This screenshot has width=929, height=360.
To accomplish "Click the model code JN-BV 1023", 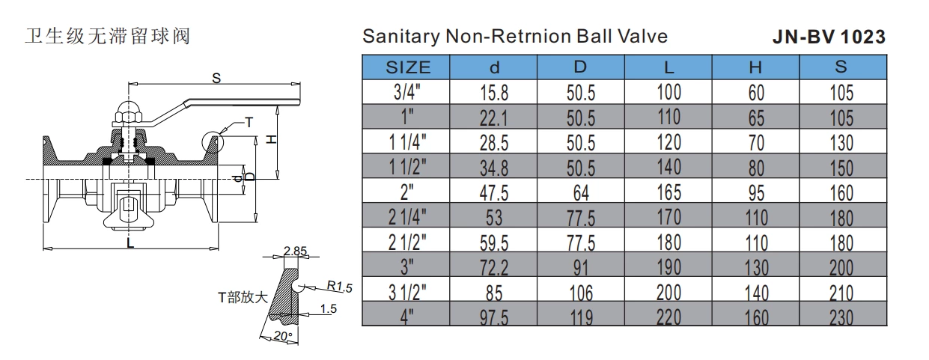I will coord(829,37).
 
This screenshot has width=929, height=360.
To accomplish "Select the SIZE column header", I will coord(408,67).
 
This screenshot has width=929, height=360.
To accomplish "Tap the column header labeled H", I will coord(756,67).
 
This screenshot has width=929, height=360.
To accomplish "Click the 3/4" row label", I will coord(408,93).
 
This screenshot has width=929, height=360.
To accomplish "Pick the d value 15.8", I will coord(494,94).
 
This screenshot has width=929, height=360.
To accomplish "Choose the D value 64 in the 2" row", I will coord(581,193).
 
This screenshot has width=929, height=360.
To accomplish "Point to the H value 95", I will coord(756,193).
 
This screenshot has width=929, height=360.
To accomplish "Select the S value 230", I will coord(841,317).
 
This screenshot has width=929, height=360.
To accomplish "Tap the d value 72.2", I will coord(494,267).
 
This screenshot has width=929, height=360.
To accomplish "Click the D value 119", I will coord(581,317).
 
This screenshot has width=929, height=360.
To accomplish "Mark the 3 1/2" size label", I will coord(408,292).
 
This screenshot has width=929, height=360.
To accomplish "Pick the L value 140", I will coord(668,167).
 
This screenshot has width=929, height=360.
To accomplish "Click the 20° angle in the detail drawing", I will coord(283,336).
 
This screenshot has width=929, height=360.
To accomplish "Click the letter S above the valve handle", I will coord(216,77).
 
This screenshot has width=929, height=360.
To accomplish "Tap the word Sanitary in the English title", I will coord(394,36).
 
